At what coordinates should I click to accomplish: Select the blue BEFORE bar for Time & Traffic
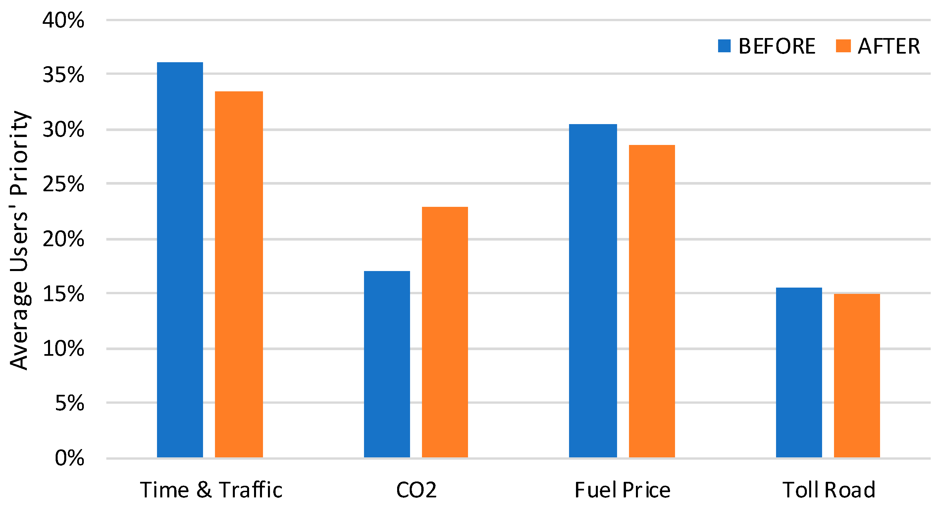click(180, 259)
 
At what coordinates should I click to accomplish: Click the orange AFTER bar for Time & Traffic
click(239, 274)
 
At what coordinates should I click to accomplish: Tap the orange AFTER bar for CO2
click(445, 332)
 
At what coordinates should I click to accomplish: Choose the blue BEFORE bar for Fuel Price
click(593, 291)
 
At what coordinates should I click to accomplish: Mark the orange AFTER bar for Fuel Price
click(652, 301)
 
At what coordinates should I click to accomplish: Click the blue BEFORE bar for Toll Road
click(799, 372)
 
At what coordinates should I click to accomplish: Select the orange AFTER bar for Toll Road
click(857, 375)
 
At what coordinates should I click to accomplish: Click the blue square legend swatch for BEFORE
click(724, 46)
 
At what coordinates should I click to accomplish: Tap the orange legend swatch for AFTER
click(843, 46)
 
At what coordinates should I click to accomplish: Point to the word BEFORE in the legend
click(776, 46)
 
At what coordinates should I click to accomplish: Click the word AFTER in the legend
click(889, 46)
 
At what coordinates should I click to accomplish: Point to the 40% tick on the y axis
click(63, 21)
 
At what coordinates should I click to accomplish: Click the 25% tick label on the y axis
click(63, 184)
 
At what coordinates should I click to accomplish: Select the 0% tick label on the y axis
click(69, 458)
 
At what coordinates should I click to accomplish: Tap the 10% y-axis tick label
click(63, 349)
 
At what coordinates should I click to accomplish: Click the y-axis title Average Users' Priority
click(19, 241)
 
